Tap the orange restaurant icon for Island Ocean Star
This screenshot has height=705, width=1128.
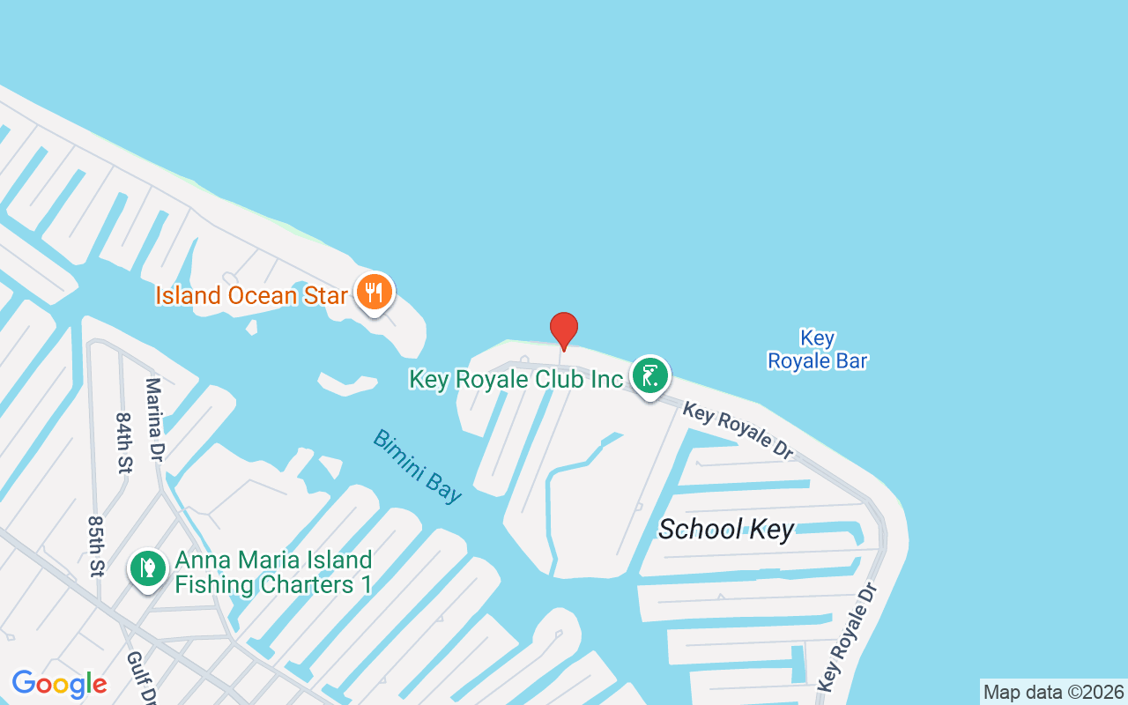(x=375, y=292)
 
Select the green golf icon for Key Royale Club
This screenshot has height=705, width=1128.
(x=650, y=376)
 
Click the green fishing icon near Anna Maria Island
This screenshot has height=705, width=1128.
(x=148, y=568)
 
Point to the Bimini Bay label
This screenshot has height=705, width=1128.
(x=417, y=466)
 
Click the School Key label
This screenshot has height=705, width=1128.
(x=726, y=529)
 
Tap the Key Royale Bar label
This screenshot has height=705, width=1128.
(x=817, y=349)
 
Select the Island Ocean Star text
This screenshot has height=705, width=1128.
(x=252, y=295)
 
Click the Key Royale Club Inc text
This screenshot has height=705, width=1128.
(x=516, y=380)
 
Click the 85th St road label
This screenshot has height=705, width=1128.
(x=95, y=546)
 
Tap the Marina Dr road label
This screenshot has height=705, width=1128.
(x=154, y=419)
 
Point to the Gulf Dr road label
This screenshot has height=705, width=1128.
(x=137, y=677)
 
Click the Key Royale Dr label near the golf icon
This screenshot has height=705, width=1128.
(x=738, y=431)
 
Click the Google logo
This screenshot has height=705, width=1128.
(x=59, y=684)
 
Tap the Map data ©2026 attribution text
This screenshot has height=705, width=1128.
(x=1053, y=692)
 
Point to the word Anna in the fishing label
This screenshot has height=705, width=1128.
(x=200, y=560)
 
